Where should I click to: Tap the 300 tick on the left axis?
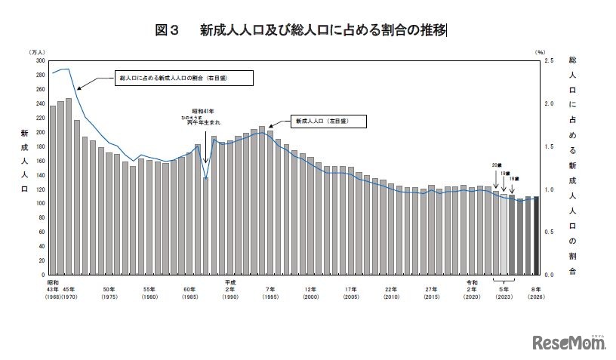(x=39, y=60)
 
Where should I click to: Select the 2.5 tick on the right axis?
(x=548, y=60)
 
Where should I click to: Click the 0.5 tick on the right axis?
(x=548, y=232)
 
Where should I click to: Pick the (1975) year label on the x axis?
(x=109, y=296)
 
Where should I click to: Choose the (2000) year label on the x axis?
(x=310, y=296)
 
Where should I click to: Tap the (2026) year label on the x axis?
(x=537, y=296)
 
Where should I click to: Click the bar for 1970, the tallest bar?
(x=69, y=186)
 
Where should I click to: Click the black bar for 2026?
(x=537, y=235)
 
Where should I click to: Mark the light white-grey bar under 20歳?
(x=504, y=234)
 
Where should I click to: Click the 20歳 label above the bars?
(x=494, y=165)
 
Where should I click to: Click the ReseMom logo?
(x=571, y=343)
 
